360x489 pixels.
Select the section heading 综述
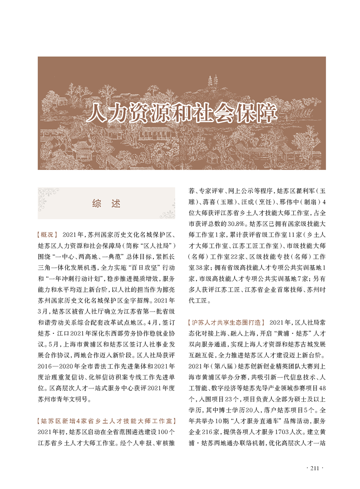[x=106, y=203]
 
